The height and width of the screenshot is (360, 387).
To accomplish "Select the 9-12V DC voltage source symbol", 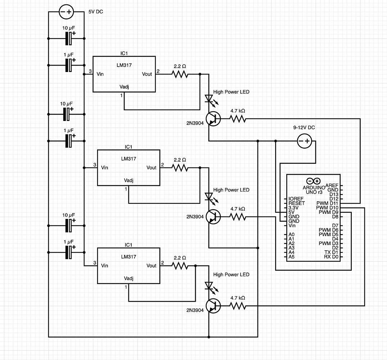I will coord(305,141).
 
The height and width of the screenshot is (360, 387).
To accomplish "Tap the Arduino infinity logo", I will coord(313,181).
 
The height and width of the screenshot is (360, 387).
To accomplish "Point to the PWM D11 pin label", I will coord(327,203).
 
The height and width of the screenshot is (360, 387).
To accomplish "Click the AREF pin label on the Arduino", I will coord(331,186).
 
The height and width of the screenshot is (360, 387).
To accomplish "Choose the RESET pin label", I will coord(296,203).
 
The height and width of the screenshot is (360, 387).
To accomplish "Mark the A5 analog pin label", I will coord(291,257).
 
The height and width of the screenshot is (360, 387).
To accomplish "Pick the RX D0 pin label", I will coord(331,257).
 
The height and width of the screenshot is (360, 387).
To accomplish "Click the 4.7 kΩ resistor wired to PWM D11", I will coord(238,118).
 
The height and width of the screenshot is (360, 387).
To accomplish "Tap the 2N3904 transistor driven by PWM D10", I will coord(214,306).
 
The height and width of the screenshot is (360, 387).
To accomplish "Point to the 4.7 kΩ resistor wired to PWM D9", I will coord(238,217).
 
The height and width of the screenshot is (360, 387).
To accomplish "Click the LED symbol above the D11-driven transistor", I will coord(209,99).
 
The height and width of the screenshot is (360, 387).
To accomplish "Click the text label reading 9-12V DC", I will coord(304,128).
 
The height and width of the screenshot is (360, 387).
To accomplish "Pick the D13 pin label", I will coord(333,194).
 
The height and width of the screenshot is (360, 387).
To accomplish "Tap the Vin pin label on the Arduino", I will coord(292,226).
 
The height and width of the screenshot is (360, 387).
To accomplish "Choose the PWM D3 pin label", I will coord(328,243).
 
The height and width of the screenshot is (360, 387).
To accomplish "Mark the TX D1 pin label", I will coord(331,252).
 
